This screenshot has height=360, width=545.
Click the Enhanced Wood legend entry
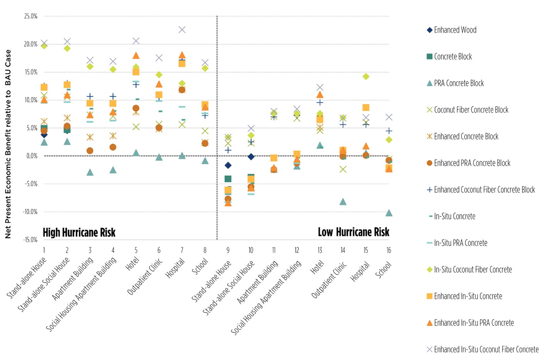tap(455, 30)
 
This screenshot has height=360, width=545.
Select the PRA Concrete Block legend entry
tap(458, 83)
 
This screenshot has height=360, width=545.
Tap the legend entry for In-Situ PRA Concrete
tap(460, 243)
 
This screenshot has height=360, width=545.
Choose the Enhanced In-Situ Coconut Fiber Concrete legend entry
tap(486, 350)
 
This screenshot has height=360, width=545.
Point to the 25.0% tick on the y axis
tap(31, 16)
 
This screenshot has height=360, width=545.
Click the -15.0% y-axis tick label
tap(30, 240)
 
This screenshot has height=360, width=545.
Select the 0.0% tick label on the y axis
tap(32, 156)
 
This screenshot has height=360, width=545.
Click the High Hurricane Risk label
tap(79, 233)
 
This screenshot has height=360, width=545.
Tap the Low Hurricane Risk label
tap(353, 232)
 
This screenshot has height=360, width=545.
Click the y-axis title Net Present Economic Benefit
tap(8, 144)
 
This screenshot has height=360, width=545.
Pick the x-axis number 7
tap(182, 250)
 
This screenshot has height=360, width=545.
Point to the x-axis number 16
tap(389, 250)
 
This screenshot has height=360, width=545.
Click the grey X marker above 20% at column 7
tap(182, 30)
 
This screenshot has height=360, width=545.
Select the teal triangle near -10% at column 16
tap(389, 213)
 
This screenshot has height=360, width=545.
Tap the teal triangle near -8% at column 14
tap(343, 202)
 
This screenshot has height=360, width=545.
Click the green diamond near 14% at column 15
tap(366, 77)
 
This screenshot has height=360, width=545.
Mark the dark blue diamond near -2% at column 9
tap(228, 165)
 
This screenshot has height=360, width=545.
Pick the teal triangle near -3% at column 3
tap(90, 172)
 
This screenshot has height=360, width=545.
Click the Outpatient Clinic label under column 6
tap(145, 277)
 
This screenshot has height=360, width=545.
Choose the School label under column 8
tap(200, 267)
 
